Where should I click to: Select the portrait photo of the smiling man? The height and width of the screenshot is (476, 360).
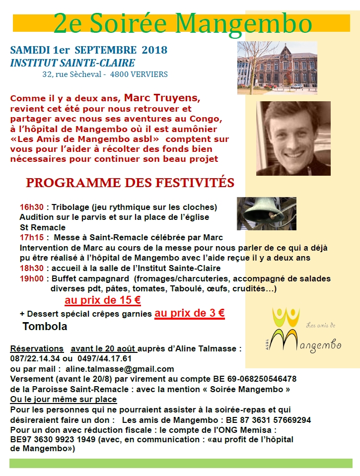point(293,138)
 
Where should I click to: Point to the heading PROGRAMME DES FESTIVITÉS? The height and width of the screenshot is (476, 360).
point(130,183)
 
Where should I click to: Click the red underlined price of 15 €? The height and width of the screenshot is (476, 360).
point(102,300)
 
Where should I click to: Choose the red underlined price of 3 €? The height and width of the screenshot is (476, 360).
point(190,313)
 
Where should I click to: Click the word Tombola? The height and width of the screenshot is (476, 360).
point(45,327)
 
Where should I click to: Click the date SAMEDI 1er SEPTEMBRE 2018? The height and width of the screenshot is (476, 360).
point(88,50)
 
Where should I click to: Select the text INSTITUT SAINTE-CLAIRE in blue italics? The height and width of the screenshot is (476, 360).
point(72,63)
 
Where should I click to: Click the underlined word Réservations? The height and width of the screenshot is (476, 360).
point(37,348)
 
